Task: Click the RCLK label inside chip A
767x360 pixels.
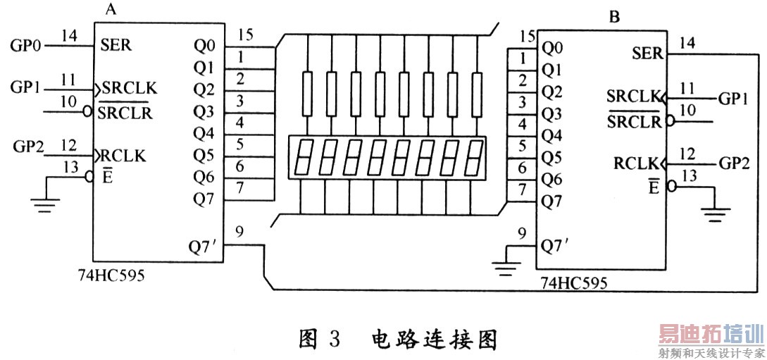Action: click(124, 156)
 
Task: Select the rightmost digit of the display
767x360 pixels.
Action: click(475, 159)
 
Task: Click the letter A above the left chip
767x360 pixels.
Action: click(110, 10)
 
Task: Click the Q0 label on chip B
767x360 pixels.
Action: click(552, 49)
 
